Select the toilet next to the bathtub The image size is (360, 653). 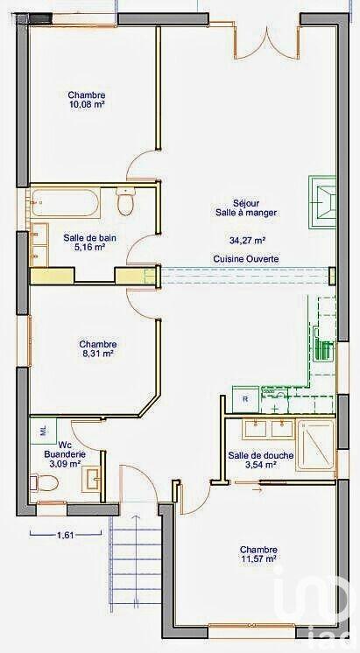coord(126,202)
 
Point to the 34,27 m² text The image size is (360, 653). coord(247,239)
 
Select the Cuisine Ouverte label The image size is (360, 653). coord(245,259)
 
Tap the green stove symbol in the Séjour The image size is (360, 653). coord(322,200)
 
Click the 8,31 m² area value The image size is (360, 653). coord(97,355)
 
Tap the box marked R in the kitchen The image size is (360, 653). coord(245,399)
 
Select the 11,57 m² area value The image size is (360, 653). coord(258,558)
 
